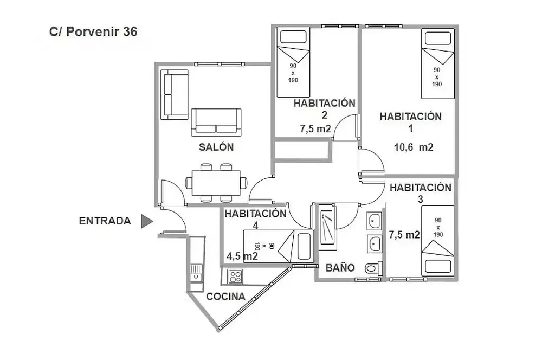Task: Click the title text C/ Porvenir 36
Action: (x=93, y=32)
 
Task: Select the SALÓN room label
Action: (x=216, y=147)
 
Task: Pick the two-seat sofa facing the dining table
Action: (x=216, y=122)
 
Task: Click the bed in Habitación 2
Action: (x=293, y=62)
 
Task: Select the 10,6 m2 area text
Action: (x=414, y=147)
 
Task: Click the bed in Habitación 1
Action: (x=437, y=65)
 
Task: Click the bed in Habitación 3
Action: (x=437, y=241)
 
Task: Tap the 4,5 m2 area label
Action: (x=242, y=256)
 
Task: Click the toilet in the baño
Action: (x=373, y=268)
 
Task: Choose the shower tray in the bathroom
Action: (x=327, y=228)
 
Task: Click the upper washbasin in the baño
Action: (x=373, y=221)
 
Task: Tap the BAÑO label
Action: (x=340, y=268)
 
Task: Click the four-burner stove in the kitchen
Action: (x=235, y=277)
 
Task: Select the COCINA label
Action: (x=225, y=297)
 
